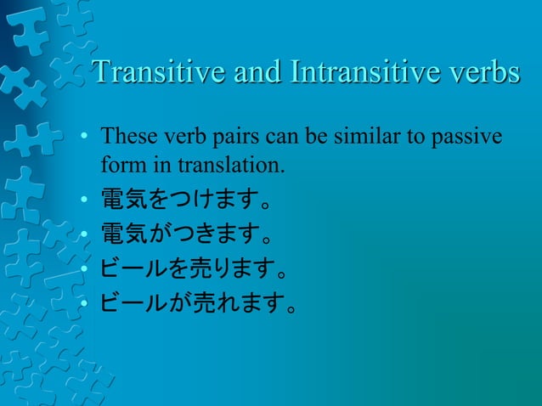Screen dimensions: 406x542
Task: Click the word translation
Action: click(x=229, y=164)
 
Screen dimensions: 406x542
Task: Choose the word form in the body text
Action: click(x=118, y=164)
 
